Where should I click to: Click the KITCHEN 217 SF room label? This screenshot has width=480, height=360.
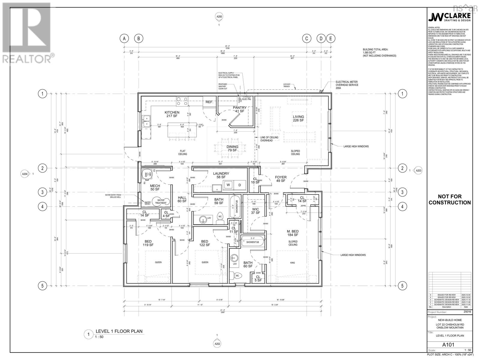172,114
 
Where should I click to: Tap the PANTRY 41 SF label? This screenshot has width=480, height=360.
239,109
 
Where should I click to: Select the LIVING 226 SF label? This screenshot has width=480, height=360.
298,118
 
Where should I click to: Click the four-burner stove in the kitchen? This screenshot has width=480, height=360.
182,101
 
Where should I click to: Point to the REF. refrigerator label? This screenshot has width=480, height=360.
209,102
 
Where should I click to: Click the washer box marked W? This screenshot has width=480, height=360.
228,185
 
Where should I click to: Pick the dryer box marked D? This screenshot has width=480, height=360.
240,185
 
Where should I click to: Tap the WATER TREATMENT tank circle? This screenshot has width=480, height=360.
160,201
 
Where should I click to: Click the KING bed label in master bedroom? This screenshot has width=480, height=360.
292,262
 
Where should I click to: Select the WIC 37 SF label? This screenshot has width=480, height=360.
256,211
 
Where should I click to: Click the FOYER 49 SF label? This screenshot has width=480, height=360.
281,179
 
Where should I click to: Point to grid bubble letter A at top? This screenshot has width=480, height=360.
124,38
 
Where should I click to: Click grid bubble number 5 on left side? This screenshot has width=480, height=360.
42,286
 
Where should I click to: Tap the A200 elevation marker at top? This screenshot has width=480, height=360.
219,17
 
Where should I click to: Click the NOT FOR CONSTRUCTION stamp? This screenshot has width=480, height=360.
449,199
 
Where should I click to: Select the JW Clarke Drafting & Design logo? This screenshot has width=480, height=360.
449,17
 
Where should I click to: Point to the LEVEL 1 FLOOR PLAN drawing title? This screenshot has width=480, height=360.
119,331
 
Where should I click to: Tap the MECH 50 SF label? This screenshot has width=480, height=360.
155,187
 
